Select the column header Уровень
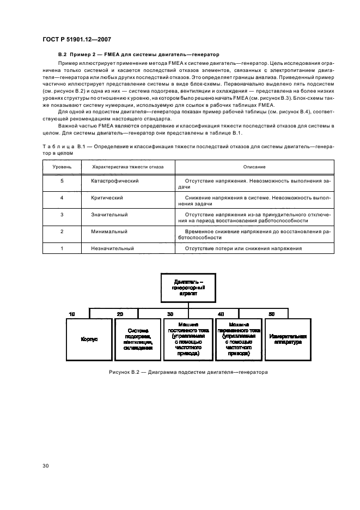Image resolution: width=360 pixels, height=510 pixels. pos(62,167)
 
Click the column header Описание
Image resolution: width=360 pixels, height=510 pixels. pos(255,167)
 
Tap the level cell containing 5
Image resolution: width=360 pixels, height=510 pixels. pos(62,180)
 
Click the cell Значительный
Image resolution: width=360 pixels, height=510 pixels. pos(109,215)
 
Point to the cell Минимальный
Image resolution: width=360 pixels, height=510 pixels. pos(109,232)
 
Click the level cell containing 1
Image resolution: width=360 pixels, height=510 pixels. pos(62,248)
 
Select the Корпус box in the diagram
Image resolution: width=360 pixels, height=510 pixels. pos(89,339)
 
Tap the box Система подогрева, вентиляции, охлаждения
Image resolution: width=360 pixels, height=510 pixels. pos(137,339)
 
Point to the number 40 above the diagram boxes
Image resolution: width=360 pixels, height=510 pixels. pos(221,314)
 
